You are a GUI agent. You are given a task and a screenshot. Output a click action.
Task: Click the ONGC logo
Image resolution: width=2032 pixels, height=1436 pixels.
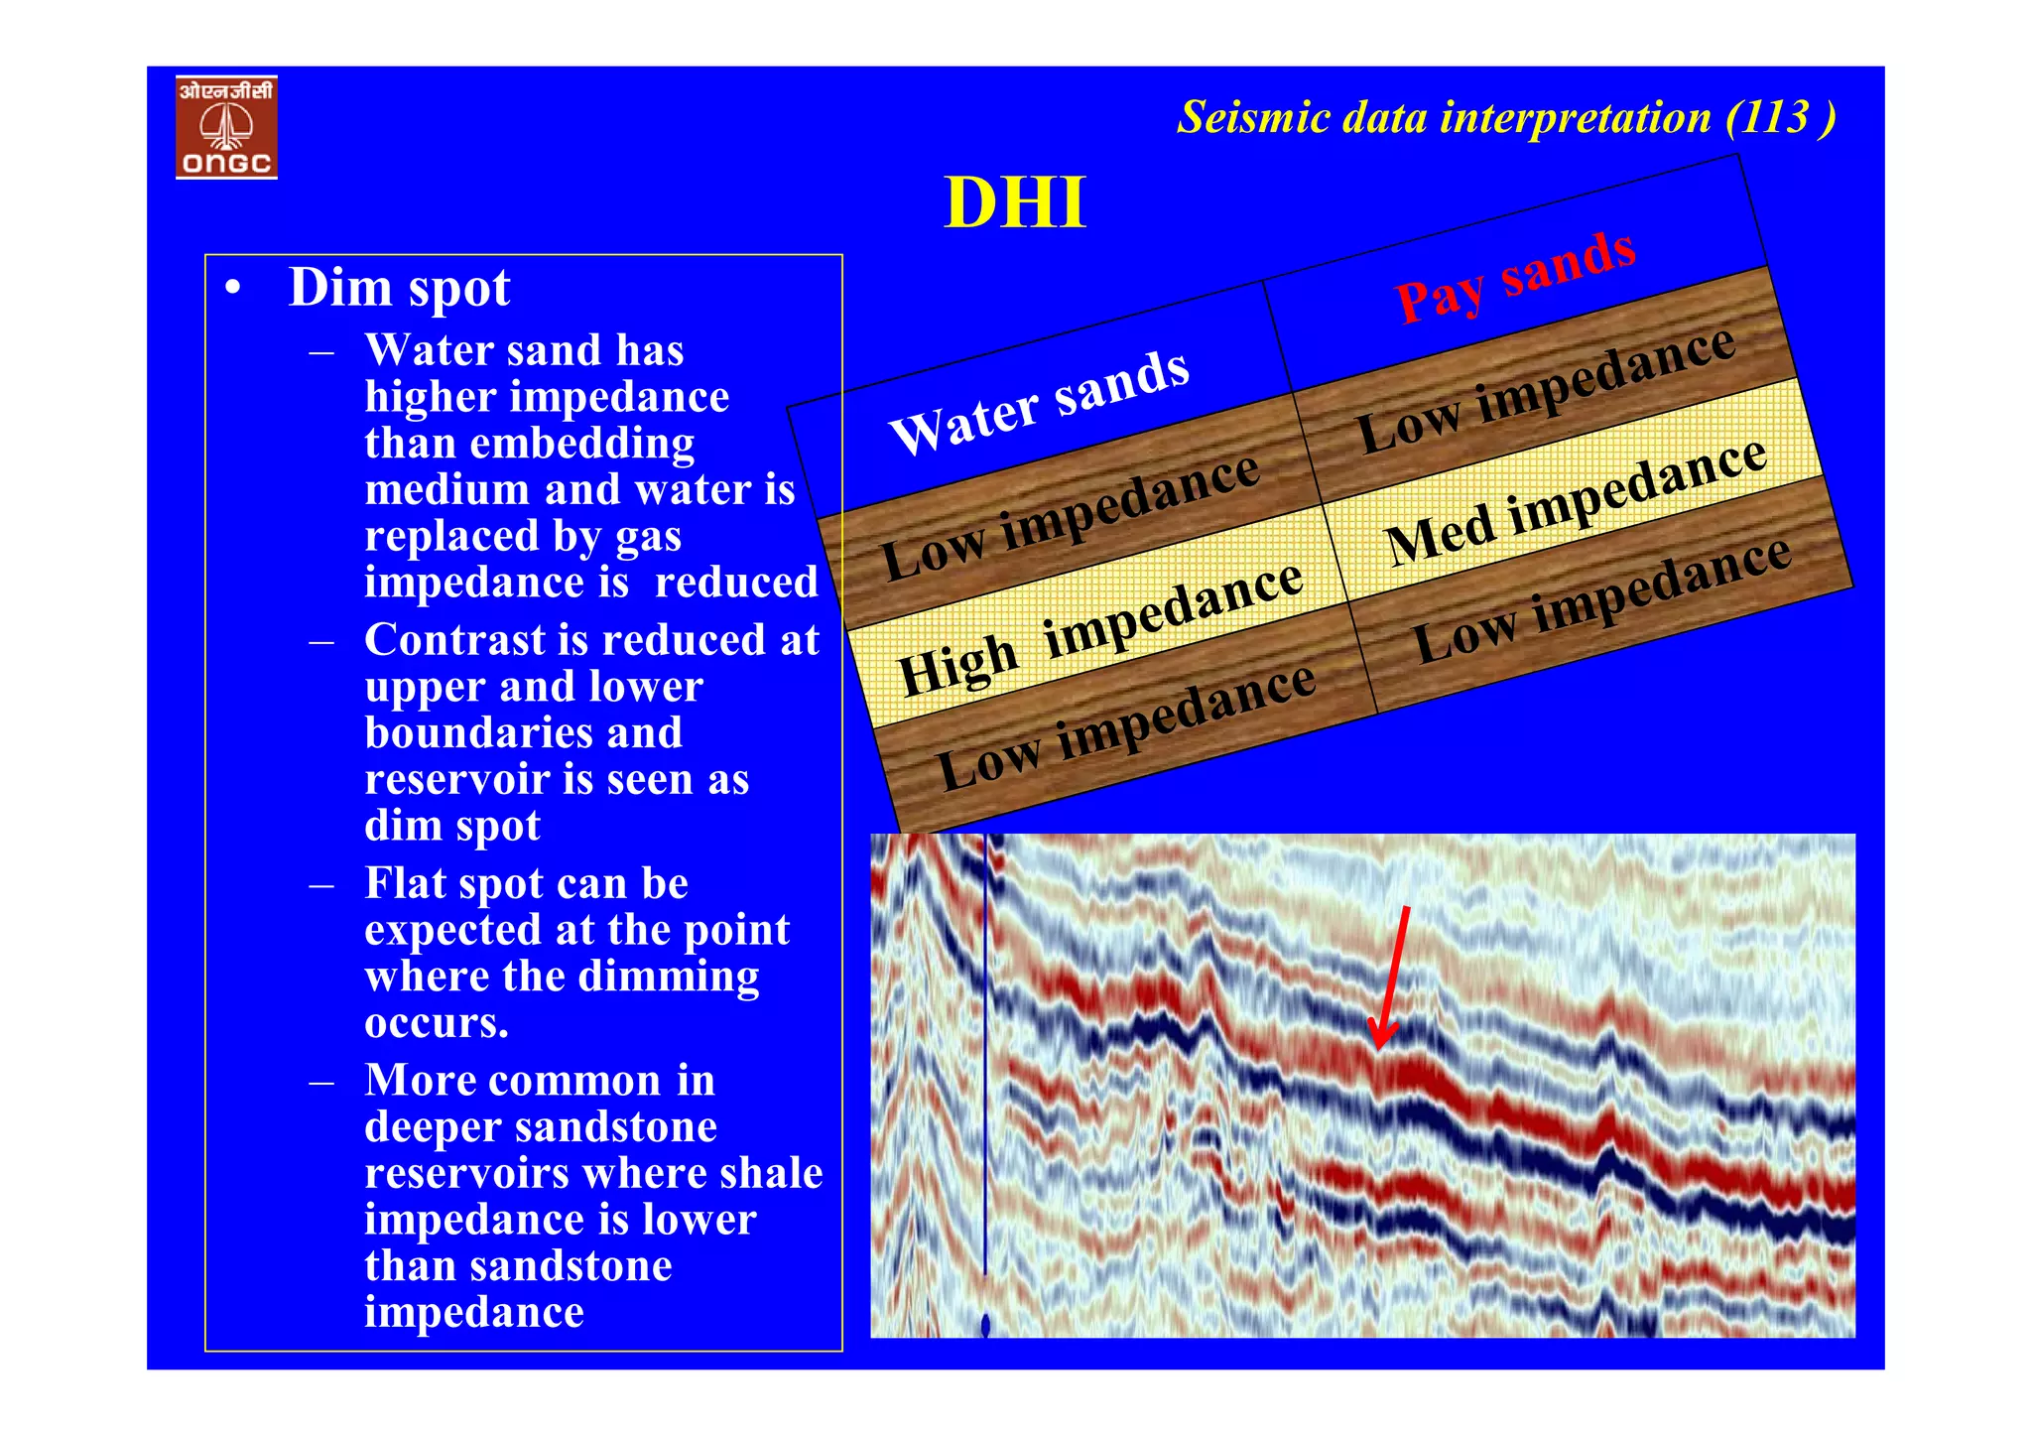pos(226,128)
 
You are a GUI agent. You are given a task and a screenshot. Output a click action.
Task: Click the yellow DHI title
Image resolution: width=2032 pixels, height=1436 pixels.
pos(1014,203)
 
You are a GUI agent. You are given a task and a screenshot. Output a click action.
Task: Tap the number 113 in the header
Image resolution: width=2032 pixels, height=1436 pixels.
pos(1773,118)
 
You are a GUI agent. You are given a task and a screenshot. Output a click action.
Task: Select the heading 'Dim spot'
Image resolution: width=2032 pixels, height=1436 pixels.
pos(399,288)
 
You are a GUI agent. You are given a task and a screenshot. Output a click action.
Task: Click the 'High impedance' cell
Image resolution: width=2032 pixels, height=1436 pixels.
pos(1099,627)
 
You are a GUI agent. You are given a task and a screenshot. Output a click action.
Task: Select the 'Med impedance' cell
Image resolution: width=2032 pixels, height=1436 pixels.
pos(1576,501)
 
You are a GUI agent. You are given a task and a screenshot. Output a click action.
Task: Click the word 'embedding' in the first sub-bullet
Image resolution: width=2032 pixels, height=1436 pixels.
pos(581,444)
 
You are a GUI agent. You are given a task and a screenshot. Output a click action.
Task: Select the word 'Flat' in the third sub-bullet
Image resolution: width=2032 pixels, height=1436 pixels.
pos(405,883)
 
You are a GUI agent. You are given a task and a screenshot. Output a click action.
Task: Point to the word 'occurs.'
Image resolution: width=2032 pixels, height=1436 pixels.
pos(437,1022)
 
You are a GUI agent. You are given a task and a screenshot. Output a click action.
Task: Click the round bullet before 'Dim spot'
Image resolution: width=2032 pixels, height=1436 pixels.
pos(233,289)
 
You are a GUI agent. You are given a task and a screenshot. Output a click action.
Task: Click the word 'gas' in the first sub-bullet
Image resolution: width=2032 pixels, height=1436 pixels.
pos(648,537)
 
